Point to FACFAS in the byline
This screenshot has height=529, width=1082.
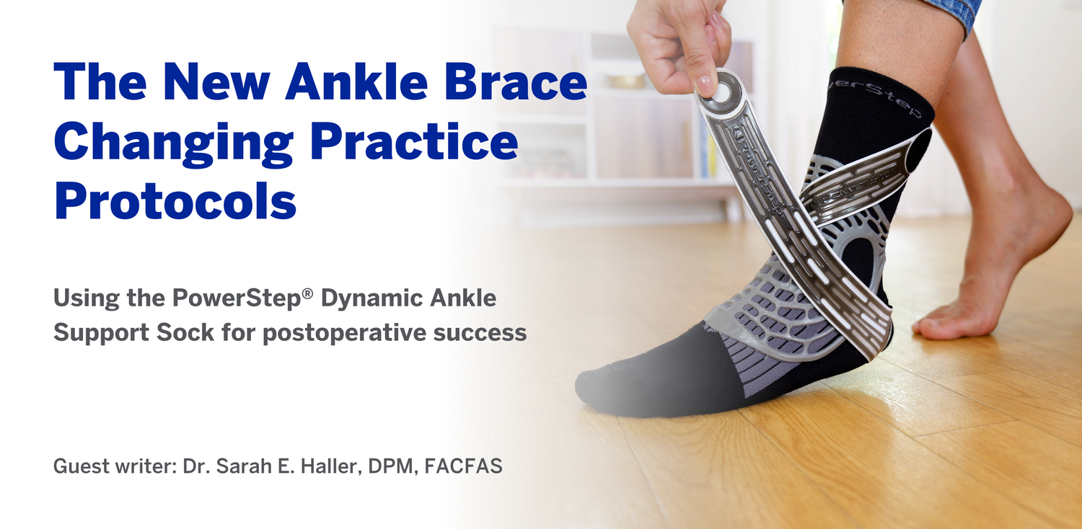pos(464,466)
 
